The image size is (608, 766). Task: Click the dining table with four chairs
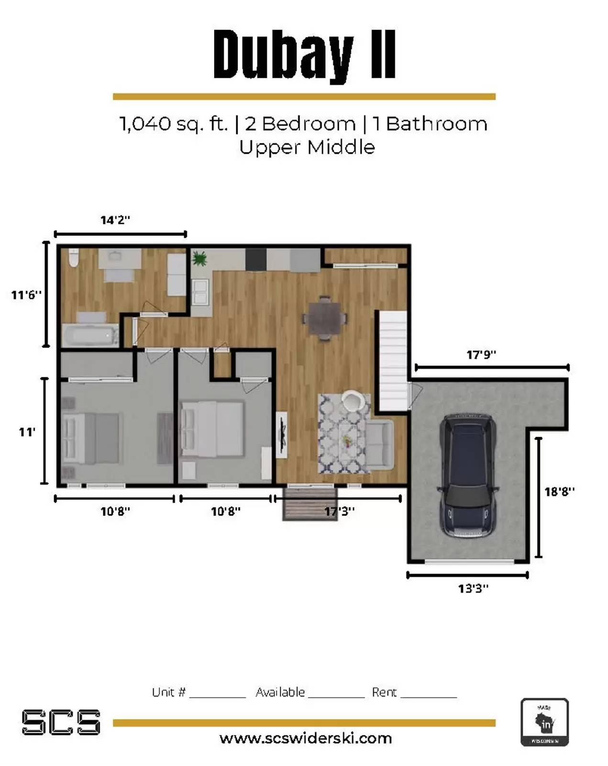click(324, 318)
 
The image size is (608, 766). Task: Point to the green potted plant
click(199, 258)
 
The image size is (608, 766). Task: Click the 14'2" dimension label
click(115, 220)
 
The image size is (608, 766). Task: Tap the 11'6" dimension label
click(26, 295)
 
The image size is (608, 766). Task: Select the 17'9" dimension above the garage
click(481, 355)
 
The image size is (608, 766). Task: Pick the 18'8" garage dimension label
click(559, 492)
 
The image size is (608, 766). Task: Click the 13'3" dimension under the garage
click(473, 588)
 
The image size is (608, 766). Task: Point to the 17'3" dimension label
click(339, 511)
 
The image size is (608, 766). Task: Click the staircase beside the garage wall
click(392, 360)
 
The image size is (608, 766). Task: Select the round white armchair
click(353, 400)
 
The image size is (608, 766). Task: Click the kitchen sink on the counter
click(200, 292)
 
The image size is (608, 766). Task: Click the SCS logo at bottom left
click(61, 722)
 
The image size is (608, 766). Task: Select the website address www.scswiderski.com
click(305, 738)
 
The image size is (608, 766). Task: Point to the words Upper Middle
click(307, 147)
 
